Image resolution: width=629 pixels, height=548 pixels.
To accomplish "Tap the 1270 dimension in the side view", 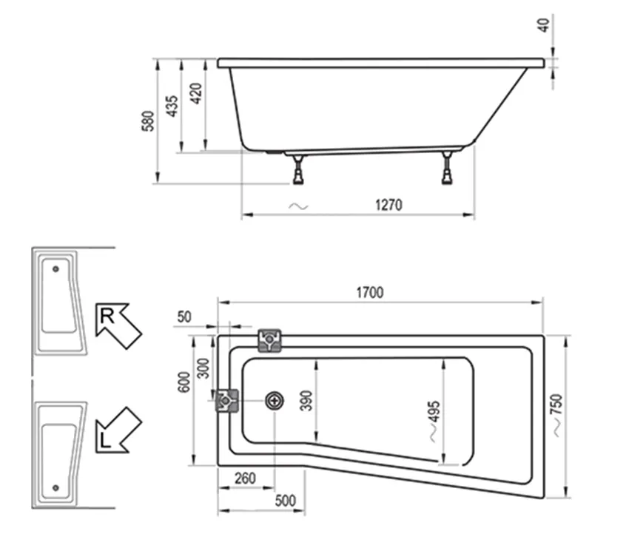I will (387, 206).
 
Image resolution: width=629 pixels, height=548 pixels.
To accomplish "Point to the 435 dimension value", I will (171, 106).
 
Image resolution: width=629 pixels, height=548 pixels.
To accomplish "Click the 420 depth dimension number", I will (196, 94).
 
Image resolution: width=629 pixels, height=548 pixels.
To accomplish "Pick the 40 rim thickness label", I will (545, 24).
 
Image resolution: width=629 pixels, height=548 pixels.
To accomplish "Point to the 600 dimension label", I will (185, 382).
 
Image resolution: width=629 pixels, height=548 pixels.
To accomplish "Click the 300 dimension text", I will (203, 368).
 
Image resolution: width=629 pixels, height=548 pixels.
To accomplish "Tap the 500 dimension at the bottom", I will (284, 501).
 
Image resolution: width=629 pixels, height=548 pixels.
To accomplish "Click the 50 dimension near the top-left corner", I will (184, 317).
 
